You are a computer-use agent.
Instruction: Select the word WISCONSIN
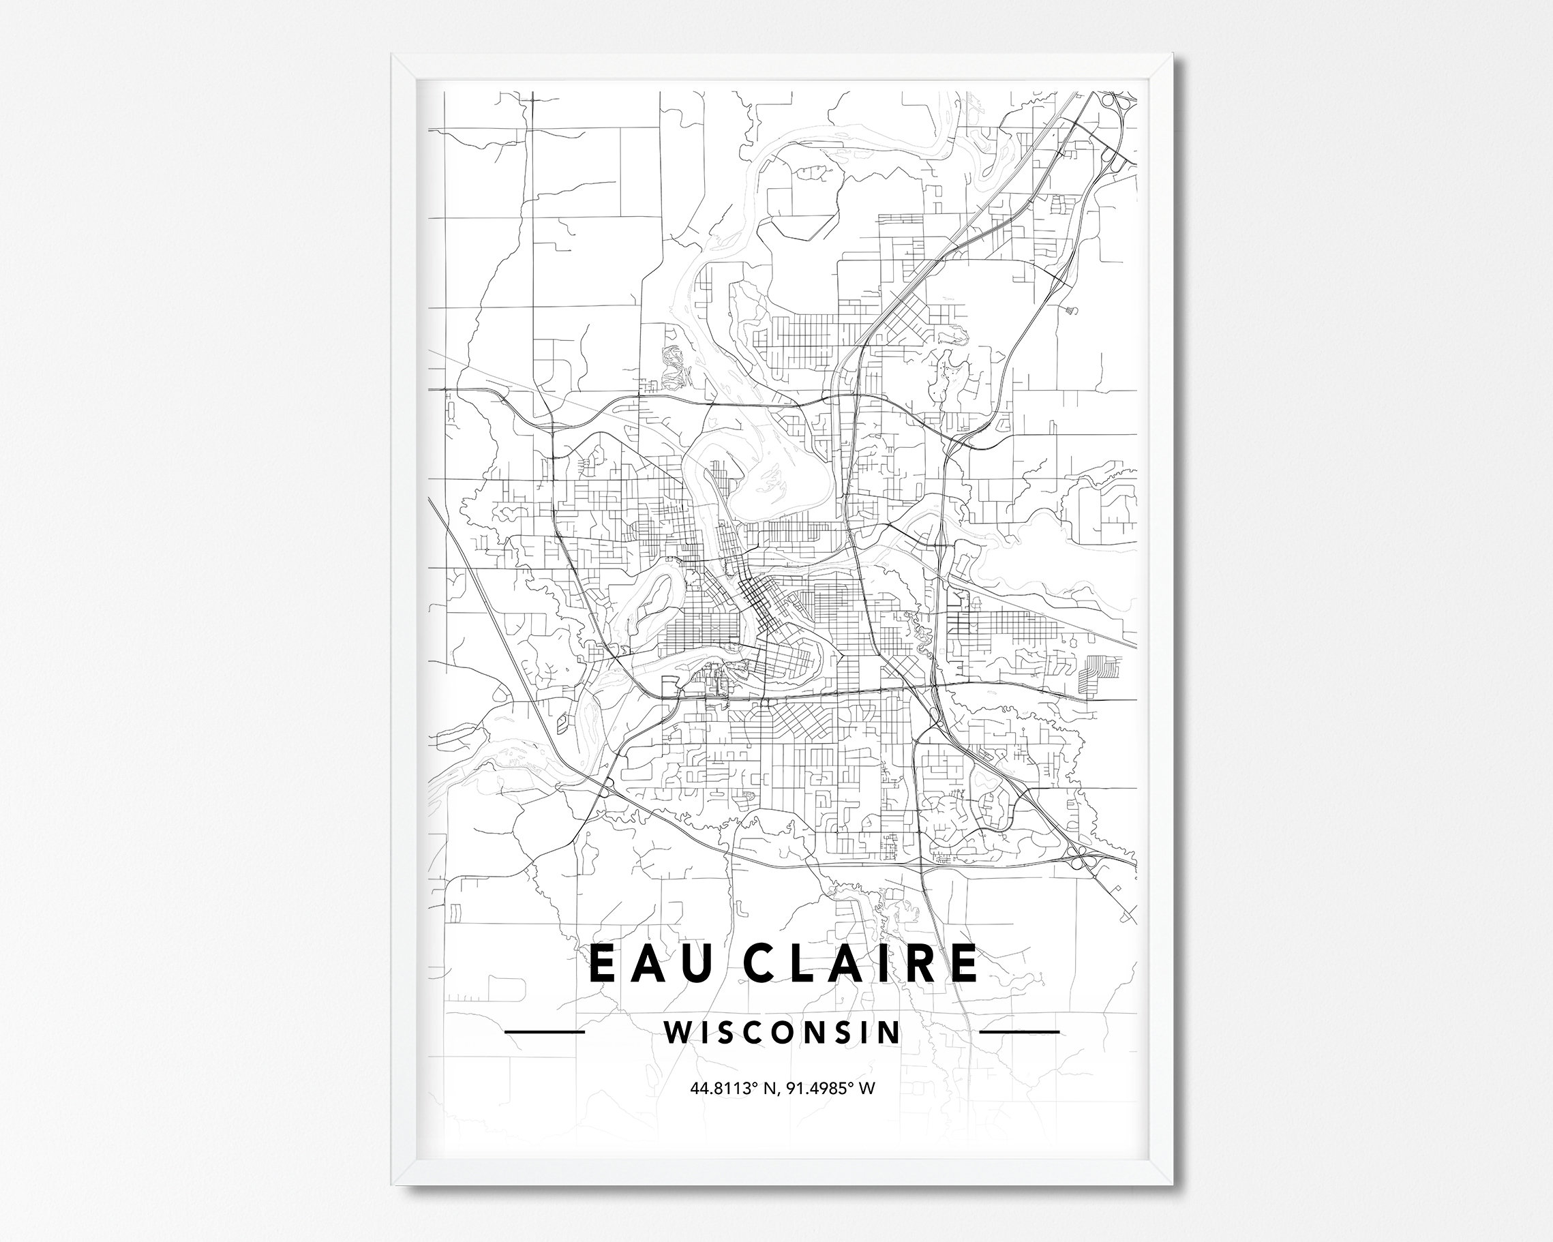click(x=782, y=1032)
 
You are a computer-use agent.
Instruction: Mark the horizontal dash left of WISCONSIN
click(x=545, y=1031)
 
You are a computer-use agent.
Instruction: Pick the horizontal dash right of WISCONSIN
click(x=1020, y=1031)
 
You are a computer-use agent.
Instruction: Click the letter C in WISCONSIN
click(x=757, y=1032)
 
